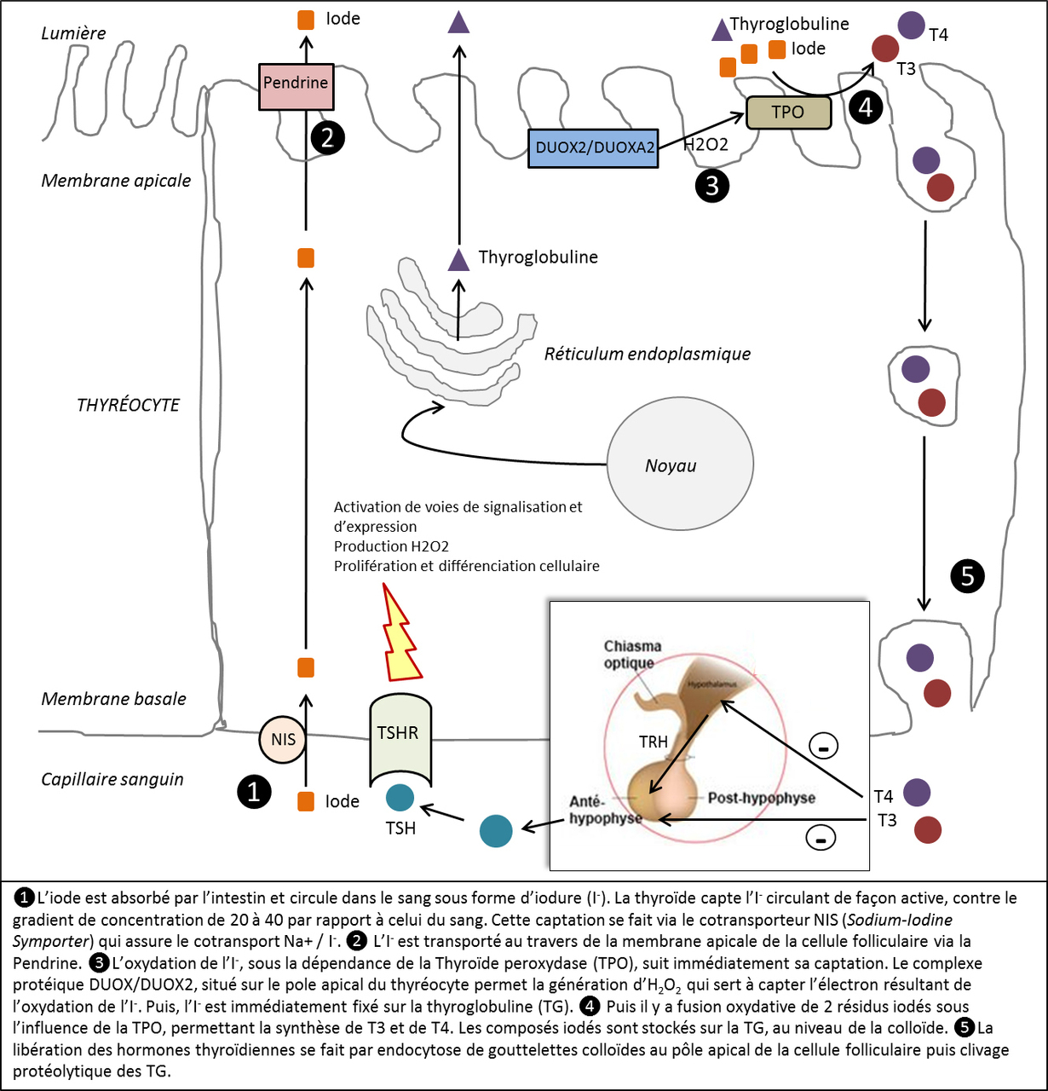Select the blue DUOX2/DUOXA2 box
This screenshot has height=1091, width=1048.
594,148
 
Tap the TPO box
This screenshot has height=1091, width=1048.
788,113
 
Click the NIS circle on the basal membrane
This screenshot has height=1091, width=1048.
282,739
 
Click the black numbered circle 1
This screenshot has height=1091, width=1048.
253,792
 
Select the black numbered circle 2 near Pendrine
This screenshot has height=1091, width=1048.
328,138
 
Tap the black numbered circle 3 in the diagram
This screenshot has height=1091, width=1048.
712,185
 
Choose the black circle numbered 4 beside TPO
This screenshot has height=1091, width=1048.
866,107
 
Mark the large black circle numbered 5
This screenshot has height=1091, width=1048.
967,576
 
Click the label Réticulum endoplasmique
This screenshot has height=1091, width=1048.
648,354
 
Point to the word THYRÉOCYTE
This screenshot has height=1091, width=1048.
128,405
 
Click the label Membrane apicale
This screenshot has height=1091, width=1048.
116,181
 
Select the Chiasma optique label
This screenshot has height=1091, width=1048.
632,655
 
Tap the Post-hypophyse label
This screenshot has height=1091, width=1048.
761,798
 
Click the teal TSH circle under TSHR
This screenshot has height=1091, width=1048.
400,798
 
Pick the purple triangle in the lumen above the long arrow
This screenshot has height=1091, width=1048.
459,22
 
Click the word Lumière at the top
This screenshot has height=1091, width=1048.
74,33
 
